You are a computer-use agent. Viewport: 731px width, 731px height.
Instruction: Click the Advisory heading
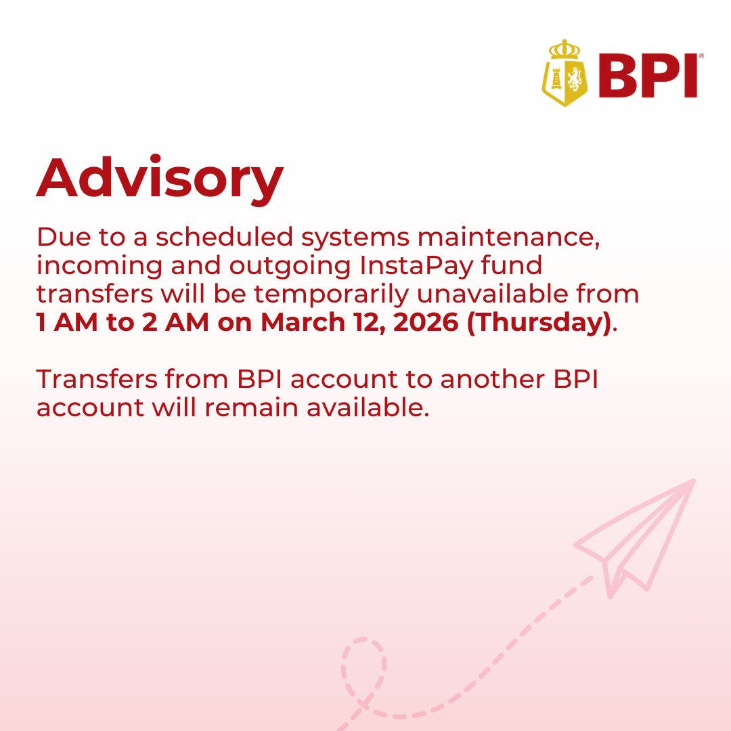coord(160,178)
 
